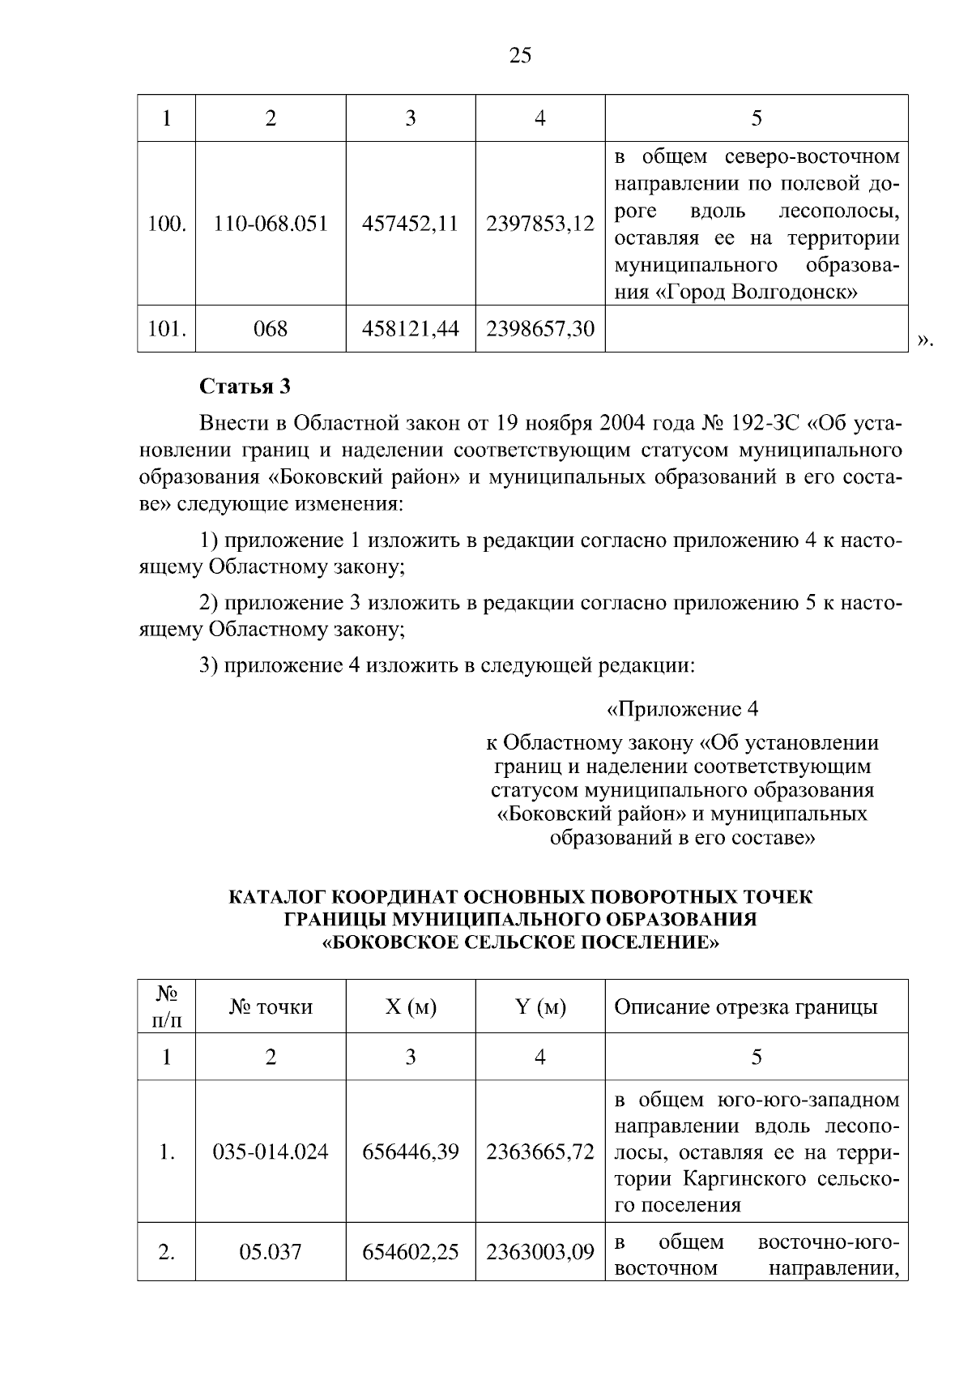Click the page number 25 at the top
(520, 56)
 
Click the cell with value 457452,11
(410, 224)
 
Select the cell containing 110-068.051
(271, 224)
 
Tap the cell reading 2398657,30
(539, 328)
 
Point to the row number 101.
(167, 328)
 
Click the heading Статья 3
(245, 387)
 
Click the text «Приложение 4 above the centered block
(682, 710)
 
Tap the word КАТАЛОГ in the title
(279, 898)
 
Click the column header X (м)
(410, 1007)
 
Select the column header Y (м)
(539, 1007)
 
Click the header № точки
(271, 1007)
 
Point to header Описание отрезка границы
(745, 1007)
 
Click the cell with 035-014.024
(271, 1152)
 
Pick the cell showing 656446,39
(410, 1152)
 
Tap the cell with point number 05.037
(271, 1252)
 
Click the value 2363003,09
(539, 1252)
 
